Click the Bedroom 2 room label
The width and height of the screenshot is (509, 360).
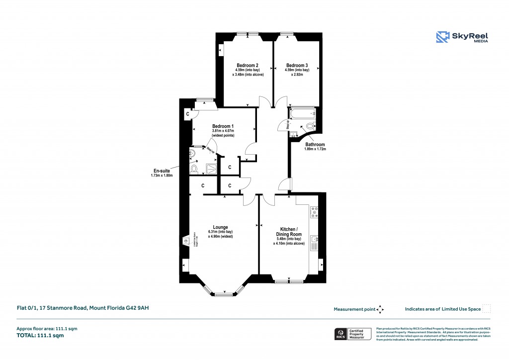point(247,66)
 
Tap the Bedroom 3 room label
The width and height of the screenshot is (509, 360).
point(297,66)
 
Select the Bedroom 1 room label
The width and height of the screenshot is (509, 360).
point(223,126)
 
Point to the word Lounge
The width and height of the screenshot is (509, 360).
point(220,227)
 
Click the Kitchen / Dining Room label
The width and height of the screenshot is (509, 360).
point(289,231)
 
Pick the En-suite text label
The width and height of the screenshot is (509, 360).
point(161,171)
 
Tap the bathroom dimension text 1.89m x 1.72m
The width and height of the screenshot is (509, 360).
point(315,149)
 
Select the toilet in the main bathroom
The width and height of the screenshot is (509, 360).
point(311,127)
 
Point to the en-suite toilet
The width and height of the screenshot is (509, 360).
point(195,170)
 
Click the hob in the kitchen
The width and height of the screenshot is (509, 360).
point(314,213)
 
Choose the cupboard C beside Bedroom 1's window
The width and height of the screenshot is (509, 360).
point(187,114)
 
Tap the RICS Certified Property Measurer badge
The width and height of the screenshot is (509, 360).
point(352,334)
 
